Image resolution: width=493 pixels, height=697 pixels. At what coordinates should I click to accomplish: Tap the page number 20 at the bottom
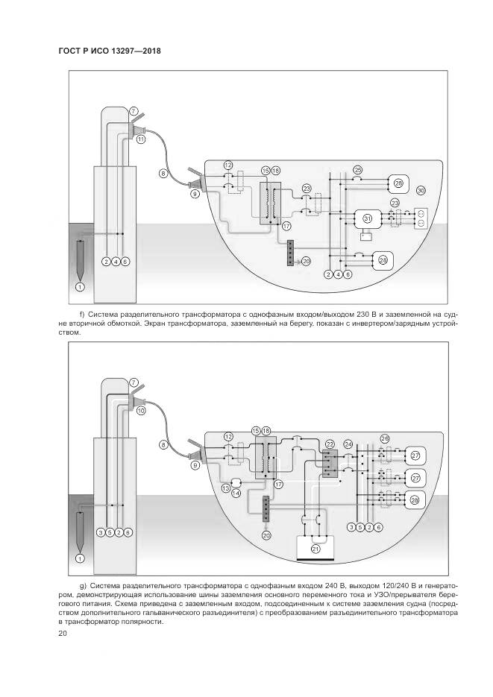[x=62, y=634]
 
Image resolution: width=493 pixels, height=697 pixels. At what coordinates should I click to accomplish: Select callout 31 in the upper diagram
[x=367, y=218]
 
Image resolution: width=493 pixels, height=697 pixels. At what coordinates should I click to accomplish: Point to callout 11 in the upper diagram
[x=141, y=139]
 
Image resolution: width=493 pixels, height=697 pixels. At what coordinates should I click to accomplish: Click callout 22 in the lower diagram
[x=330, y=444]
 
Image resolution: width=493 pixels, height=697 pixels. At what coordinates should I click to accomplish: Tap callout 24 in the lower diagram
[x=348, y=444]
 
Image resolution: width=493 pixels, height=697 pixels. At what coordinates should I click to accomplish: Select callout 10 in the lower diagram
[x=141, y=410]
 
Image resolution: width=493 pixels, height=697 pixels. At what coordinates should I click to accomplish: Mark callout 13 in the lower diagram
[x=226, y=488]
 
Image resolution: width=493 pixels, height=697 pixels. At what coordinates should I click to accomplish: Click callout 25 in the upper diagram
[x=358, y=170]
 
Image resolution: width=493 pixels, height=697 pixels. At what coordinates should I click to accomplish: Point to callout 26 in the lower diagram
[x=385, y=438]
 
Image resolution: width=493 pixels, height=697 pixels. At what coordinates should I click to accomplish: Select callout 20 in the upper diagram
[x=306, y=261]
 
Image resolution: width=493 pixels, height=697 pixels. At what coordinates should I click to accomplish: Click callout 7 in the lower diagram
[x=134, y=382]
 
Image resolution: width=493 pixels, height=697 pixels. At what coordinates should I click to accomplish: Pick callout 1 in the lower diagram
[x=80, y=558]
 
